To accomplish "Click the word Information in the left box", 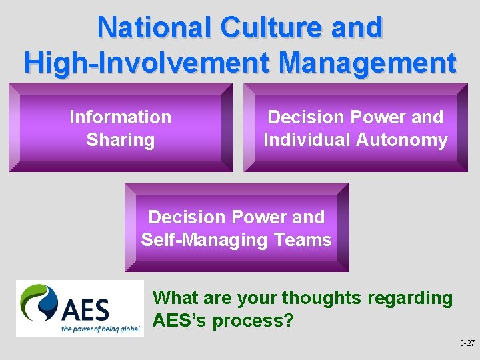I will pyautogui.click(x=121, y=117).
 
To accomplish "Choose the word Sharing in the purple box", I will pyautogui.click(x=121, y=140).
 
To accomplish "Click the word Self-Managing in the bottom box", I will pyautogui.click(x=199, y=240).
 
